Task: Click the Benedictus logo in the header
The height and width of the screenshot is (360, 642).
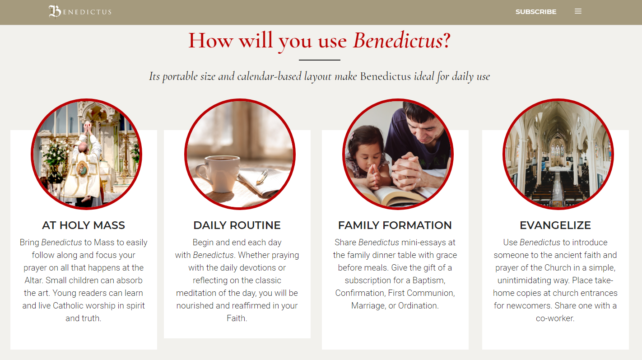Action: click(x=80, y=12)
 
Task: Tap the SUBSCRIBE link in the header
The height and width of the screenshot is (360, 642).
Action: click(x=536, y=12)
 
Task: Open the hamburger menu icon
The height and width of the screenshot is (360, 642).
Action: click(x=578, y=11)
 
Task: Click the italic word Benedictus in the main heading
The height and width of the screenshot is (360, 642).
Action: click(x=397, y=41)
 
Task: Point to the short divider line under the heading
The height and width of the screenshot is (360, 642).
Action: click(x=319, y=60)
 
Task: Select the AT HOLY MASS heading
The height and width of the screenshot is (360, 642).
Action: click(x=84, y=225)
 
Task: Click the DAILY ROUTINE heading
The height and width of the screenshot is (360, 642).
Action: click(x=237, y=225)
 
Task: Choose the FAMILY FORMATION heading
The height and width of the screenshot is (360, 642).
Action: click(x=395, y=225)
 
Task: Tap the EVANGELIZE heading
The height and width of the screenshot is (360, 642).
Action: click(x=555, y=225)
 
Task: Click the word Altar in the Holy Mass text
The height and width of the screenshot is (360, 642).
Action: click(x=34, y=281)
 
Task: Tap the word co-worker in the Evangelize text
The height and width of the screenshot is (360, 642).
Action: click(x=555, y=318)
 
